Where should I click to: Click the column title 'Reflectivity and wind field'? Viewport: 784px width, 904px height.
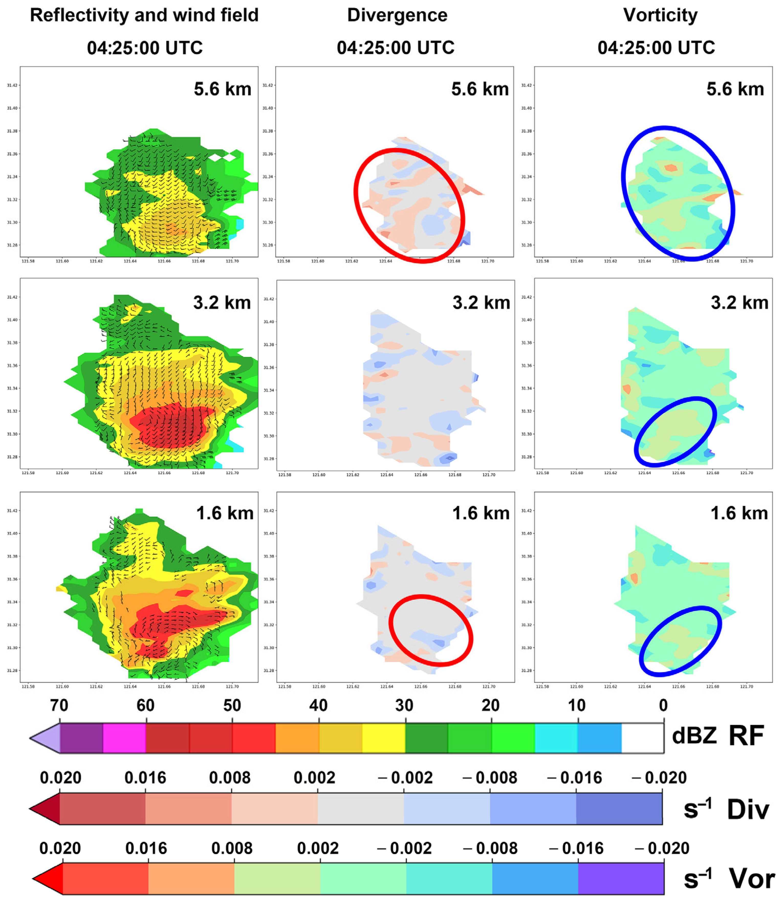coord(144,15)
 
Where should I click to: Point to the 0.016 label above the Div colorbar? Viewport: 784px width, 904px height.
coord(145,778)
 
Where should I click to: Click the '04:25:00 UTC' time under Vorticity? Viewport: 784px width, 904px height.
coord(656,48)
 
